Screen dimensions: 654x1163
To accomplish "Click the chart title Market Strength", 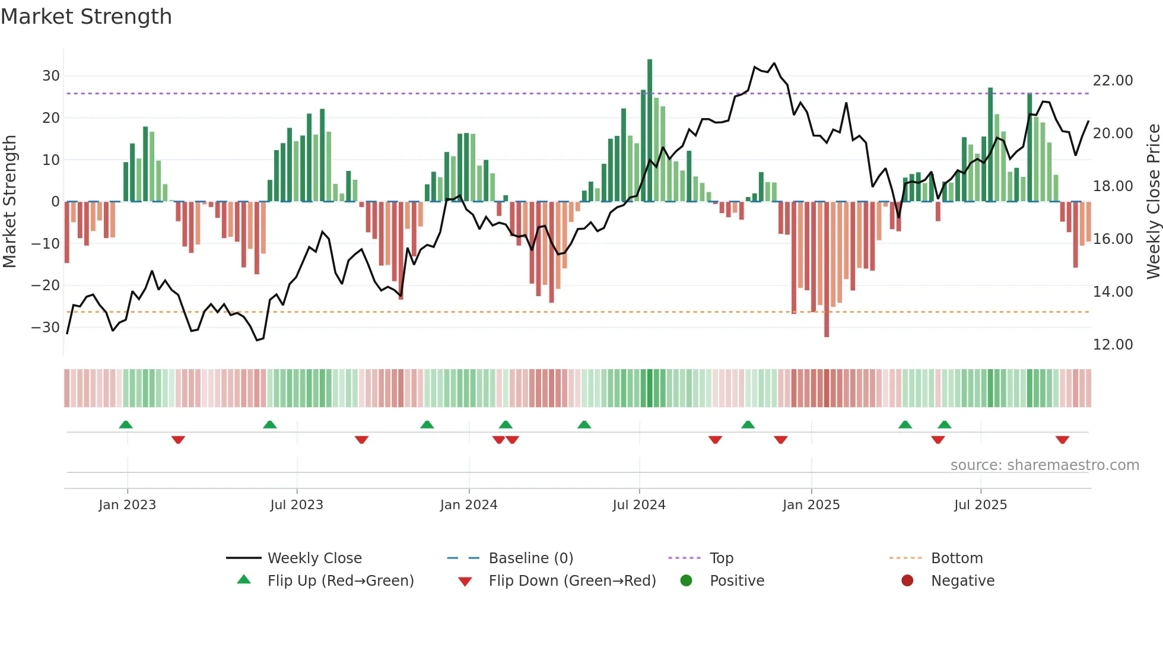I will (x=86, y=17).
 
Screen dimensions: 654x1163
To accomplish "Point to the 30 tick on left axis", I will (x=51, y=76).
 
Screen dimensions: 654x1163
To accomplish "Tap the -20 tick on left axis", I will (x=46, y=285).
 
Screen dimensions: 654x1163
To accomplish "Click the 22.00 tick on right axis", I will (x=1113, y=81).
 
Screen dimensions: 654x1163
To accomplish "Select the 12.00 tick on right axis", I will (x=1113, y=345).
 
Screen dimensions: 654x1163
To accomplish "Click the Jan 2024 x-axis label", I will (x=469, y=505).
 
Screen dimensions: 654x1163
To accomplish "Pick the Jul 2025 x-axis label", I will (x=980, y=505).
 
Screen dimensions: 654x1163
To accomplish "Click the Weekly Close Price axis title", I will (x=1153, y=202).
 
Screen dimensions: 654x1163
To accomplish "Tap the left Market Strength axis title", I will (x=9, y=202).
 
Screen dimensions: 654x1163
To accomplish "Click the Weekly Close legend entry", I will (x=314, y=558).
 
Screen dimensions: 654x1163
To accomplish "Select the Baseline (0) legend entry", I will (x=530, y=558).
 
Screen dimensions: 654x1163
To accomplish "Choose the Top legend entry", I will (x=722, y=558).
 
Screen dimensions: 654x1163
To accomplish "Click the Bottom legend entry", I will (x=957, y=558).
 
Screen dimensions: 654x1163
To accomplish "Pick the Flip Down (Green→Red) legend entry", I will (x=572, y=581).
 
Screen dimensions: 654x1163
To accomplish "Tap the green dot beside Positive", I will (x=687, y=581).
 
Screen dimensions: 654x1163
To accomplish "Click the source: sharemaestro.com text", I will (x=1044, y=465).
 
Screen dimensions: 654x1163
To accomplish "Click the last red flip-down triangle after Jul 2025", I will (x=1062, y=440).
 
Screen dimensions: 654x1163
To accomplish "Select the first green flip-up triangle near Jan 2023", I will (x=126, y=424).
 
